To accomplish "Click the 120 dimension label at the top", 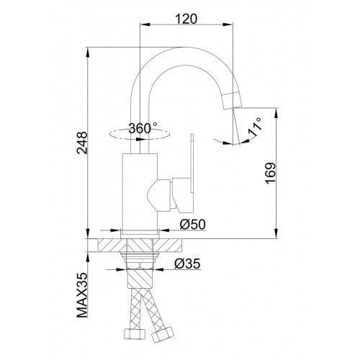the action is pos(186,19).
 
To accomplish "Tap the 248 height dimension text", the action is pos(82,143).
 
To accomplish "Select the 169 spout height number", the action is pos(271,174).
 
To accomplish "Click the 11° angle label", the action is pos(255,127).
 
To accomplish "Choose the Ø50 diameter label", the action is pos(193,225).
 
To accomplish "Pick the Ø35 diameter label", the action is pos(187,264).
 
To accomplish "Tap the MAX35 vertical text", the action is pos(82,295).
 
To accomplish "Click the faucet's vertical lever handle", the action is pos(192,163).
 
